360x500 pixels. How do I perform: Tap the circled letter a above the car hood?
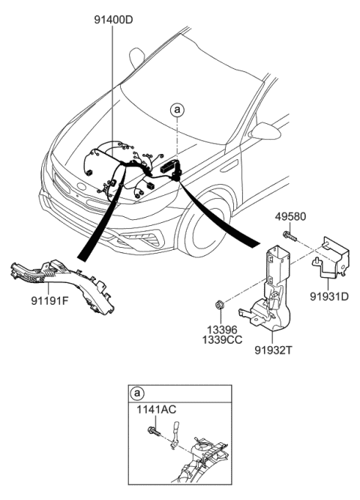coord(177,110)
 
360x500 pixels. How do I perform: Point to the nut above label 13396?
coord(220,306)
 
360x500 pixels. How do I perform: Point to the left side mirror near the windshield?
coord(136,57)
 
